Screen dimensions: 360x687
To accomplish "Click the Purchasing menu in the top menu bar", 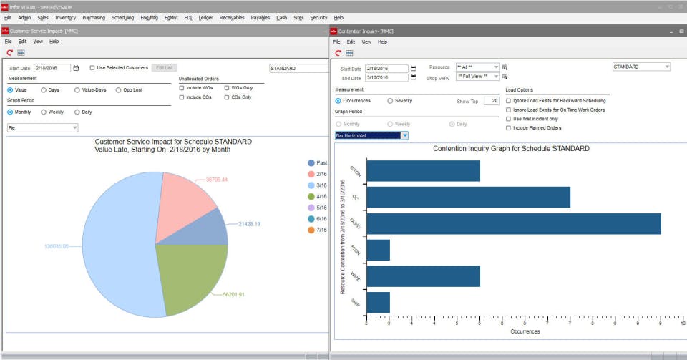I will click(x=93, y=17).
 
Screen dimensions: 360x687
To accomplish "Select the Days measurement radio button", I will click(x=44, y=90).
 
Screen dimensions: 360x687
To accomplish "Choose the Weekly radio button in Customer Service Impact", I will click(x=44, y=112).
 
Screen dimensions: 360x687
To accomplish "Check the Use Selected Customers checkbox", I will click(x=92, y=68).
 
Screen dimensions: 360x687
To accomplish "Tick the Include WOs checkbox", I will click(x=182, y=87).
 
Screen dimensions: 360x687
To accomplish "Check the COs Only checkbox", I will click(x=228, y=97).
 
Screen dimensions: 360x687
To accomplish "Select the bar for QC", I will click(x=468, y=197).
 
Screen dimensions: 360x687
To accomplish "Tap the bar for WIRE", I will click(x=423, y=276).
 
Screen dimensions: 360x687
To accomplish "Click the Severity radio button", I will click(x=390, y=101).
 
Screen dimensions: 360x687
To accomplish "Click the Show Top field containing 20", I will click(x=490, y=101).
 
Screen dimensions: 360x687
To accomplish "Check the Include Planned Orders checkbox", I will click(x=508, y=127).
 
